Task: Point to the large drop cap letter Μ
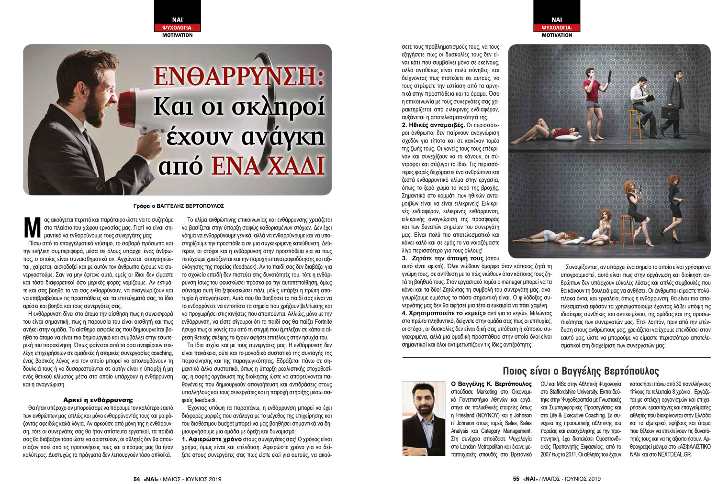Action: tap(32, 227)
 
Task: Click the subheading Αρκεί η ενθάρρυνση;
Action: tap(98, 399)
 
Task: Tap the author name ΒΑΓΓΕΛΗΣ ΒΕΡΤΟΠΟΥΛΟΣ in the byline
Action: tap(194, 206)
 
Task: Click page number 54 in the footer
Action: tap(136, 478)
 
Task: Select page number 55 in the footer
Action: tap(516, 478)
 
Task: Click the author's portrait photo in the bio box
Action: tap(423, 418)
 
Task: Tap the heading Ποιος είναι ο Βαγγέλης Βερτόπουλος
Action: tap(581, 371)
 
